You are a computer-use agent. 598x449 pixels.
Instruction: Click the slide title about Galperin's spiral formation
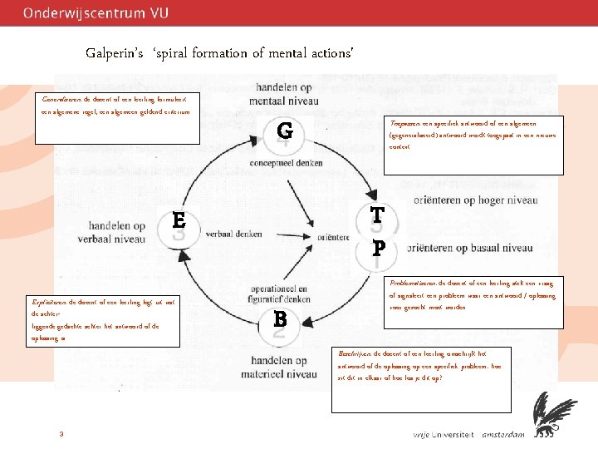point(220,53)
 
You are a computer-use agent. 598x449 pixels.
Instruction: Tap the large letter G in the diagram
point(285,131)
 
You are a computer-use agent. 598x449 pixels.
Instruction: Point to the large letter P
point(379,248)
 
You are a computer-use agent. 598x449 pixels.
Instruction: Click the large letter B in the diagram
point(281,318)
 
